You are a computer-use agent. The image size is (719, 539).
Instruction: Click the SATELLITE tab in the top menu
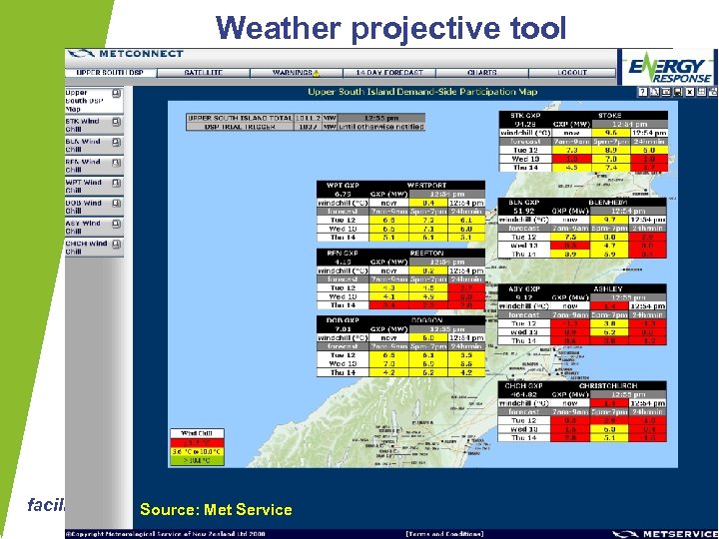[203, 73]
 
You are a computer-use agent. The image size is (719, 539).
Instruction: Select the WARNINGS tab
[295, 73]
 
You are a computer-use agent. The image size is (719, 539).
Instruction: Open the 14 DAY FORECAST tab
[388, 73]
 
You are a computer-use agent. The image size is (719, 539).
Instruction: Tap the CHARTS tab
[481, 73]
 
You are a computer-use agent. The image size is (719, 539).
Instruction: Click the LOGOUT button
[572, 73]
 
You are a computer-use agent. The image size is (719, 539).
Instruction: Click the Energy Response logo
[668, 70]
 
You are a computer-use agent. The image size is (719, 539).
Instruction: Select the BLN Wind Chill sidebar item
[89, 145]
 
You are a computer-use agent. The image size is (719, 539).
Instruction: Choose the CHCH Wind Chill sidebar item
[89, 247]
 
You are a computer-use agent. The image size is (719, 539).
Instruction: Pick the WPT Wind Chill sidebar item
[89, 186]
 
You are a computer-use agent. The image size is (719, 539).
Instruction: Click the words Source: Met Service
[216, 510]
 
